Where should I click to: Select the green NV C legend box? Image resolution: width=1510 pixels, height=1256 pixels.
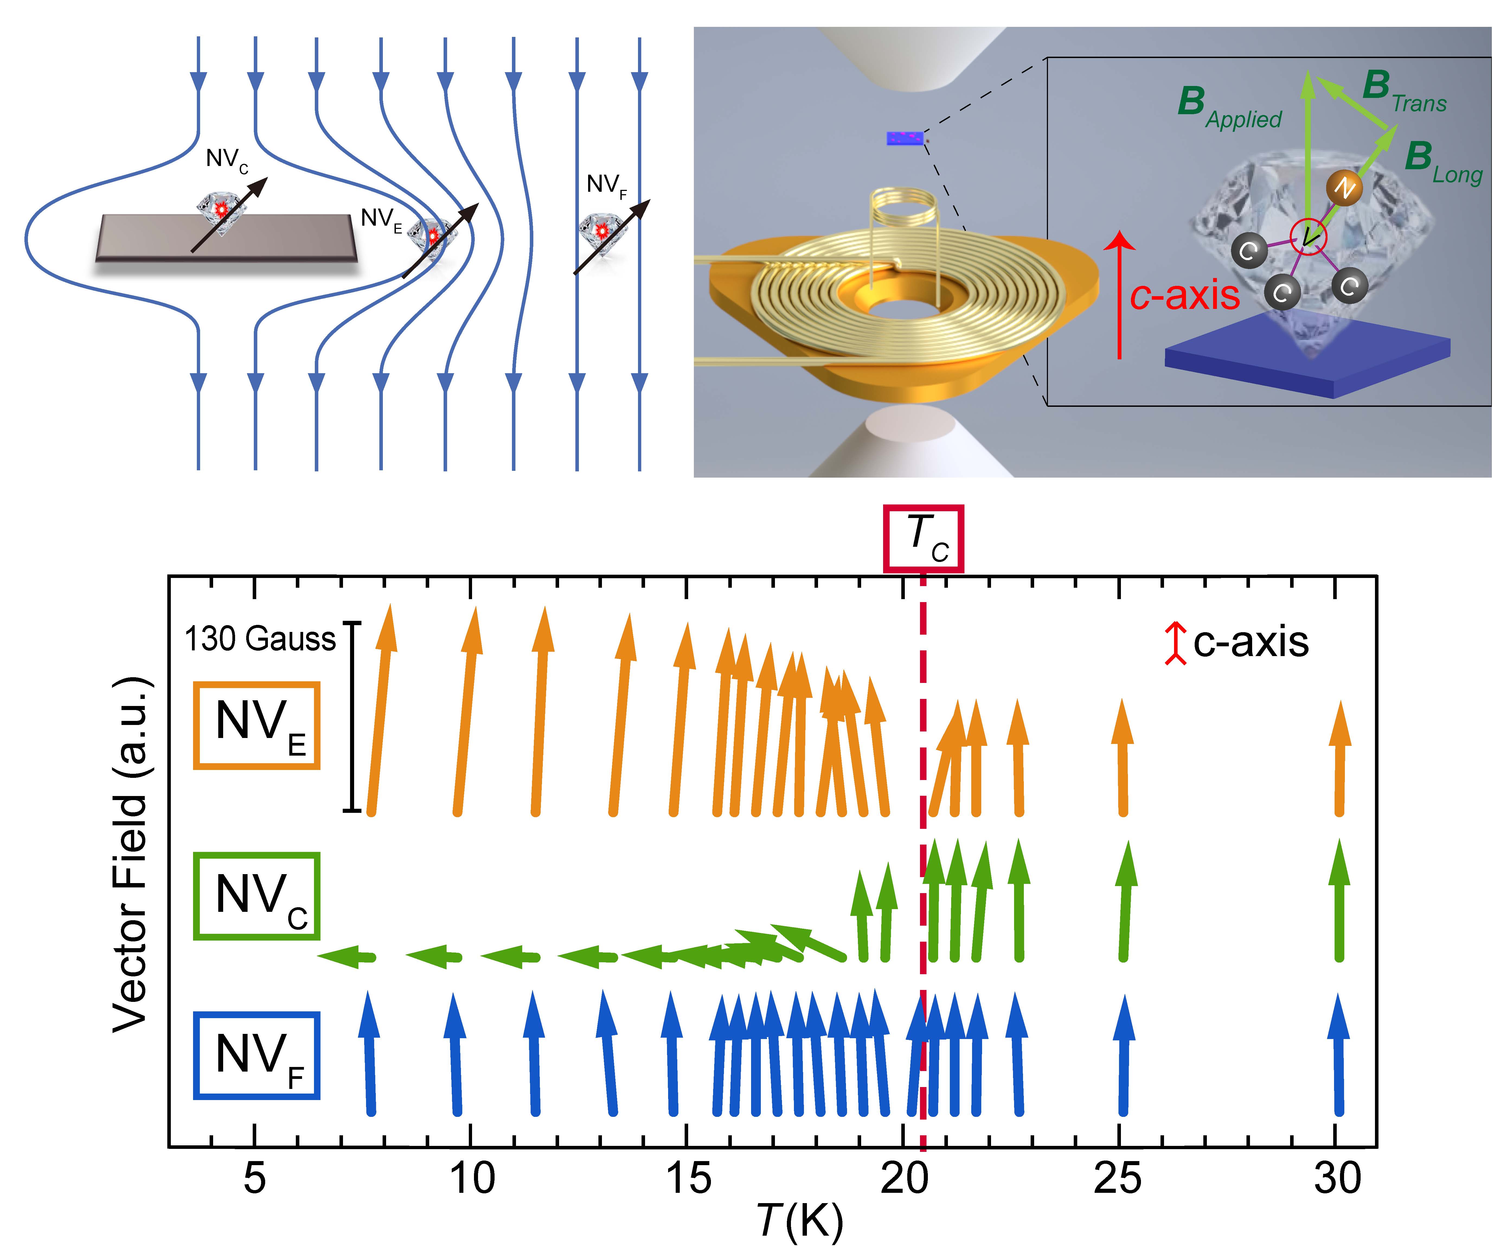pos(257,896)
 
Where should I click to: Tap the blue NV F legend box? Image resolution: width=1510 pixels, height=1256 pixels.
pos(257,1056)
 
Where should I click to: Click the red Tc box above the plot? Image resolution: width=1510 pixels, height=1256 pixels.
pos(924,539)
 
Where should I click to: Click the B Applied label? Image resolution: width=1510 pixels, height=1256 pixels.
pos(1230,108)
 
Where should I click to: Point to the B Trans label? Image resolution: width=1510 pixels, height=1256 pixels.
pos(1404,92)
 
